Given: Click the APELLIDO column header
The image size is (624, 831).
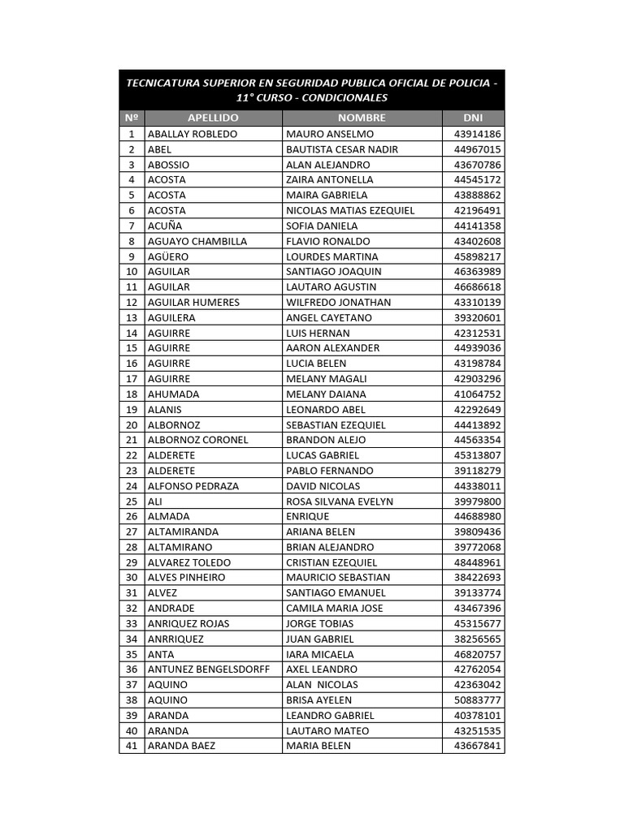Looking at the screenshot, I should [x=213, y=118].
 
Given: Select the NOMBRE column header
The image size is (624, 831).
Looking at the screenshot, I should [x=362, y=118].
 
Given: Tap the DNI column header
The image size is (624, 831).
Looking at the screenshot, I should [x=473, y=118].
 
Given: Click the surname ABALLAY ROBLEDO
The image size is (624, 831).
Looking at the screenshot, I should [x=193, y=134].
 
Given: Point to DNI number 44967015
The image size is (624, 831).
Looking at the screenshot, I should [x=478, y=149].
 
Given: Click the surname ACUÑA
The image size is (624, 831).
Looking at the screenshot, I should [x=165, y=226].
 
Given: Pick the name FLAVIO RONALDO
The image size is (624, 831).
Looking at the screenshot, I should [x=328, y=241].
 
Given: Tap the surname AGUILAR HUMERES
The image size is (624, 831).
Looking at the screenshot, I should [x=193, y=302].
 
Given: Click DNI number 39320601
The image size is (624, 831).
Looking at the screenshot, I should [x=478, y=317].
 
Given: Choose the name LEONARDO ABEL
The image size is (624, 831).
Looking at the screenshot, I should [x=326, y=409].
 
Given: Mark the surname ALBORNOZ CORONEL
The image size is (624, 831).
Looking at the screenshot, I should [x=198, y=440].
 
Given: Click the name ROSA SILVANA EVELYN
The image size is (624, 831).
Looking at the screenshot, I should [x=340, y=502].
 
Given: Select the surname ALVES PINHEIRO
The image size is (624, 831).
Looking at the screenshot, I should [x=187, y=578].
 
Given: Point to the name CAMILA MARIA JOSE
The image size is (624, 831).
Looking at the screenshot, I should [x=335, y=608].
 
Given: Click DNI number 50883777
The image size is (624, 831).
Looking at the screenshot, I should [x=478, y=700].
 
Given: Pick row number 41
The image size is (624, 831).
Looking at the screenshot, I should [x=132, y=746].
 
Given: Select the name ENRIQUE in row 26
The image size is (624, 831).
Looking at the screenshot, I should [x=308, y=516].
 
